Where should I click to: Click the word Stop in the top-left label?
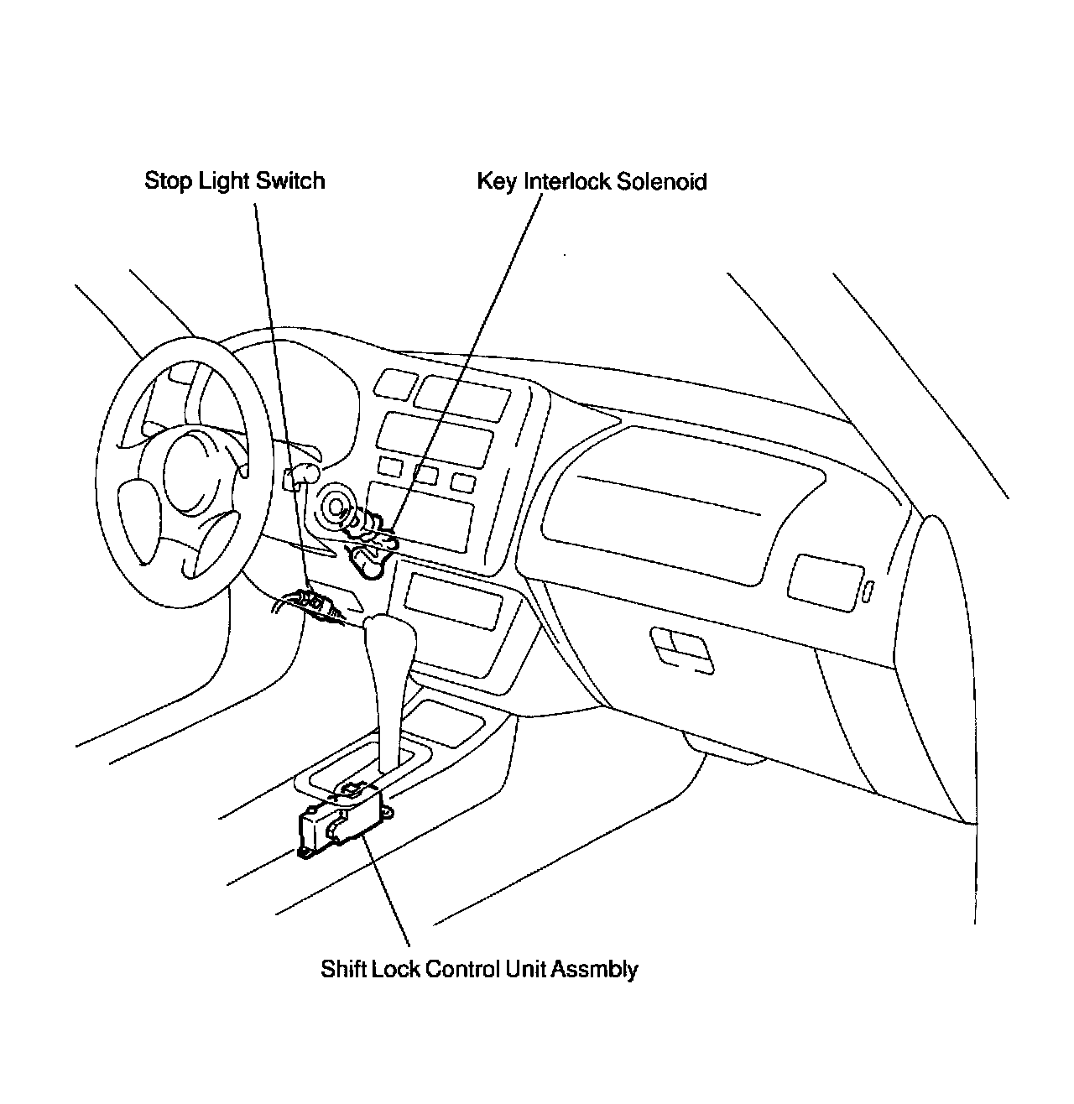[168, 181]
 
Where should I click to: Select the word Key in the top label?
[496, 182]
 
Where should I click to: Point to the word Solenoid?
[661, 182]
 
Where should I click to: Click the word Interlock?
[567, 182]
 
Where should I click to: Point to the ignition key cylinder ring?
[336, 507]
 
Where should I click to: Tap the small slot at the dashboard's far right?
[868, 591]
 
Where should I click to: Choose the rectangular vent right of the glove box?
[826, 578]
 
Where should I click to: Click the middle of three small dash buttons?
[425, 475]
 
